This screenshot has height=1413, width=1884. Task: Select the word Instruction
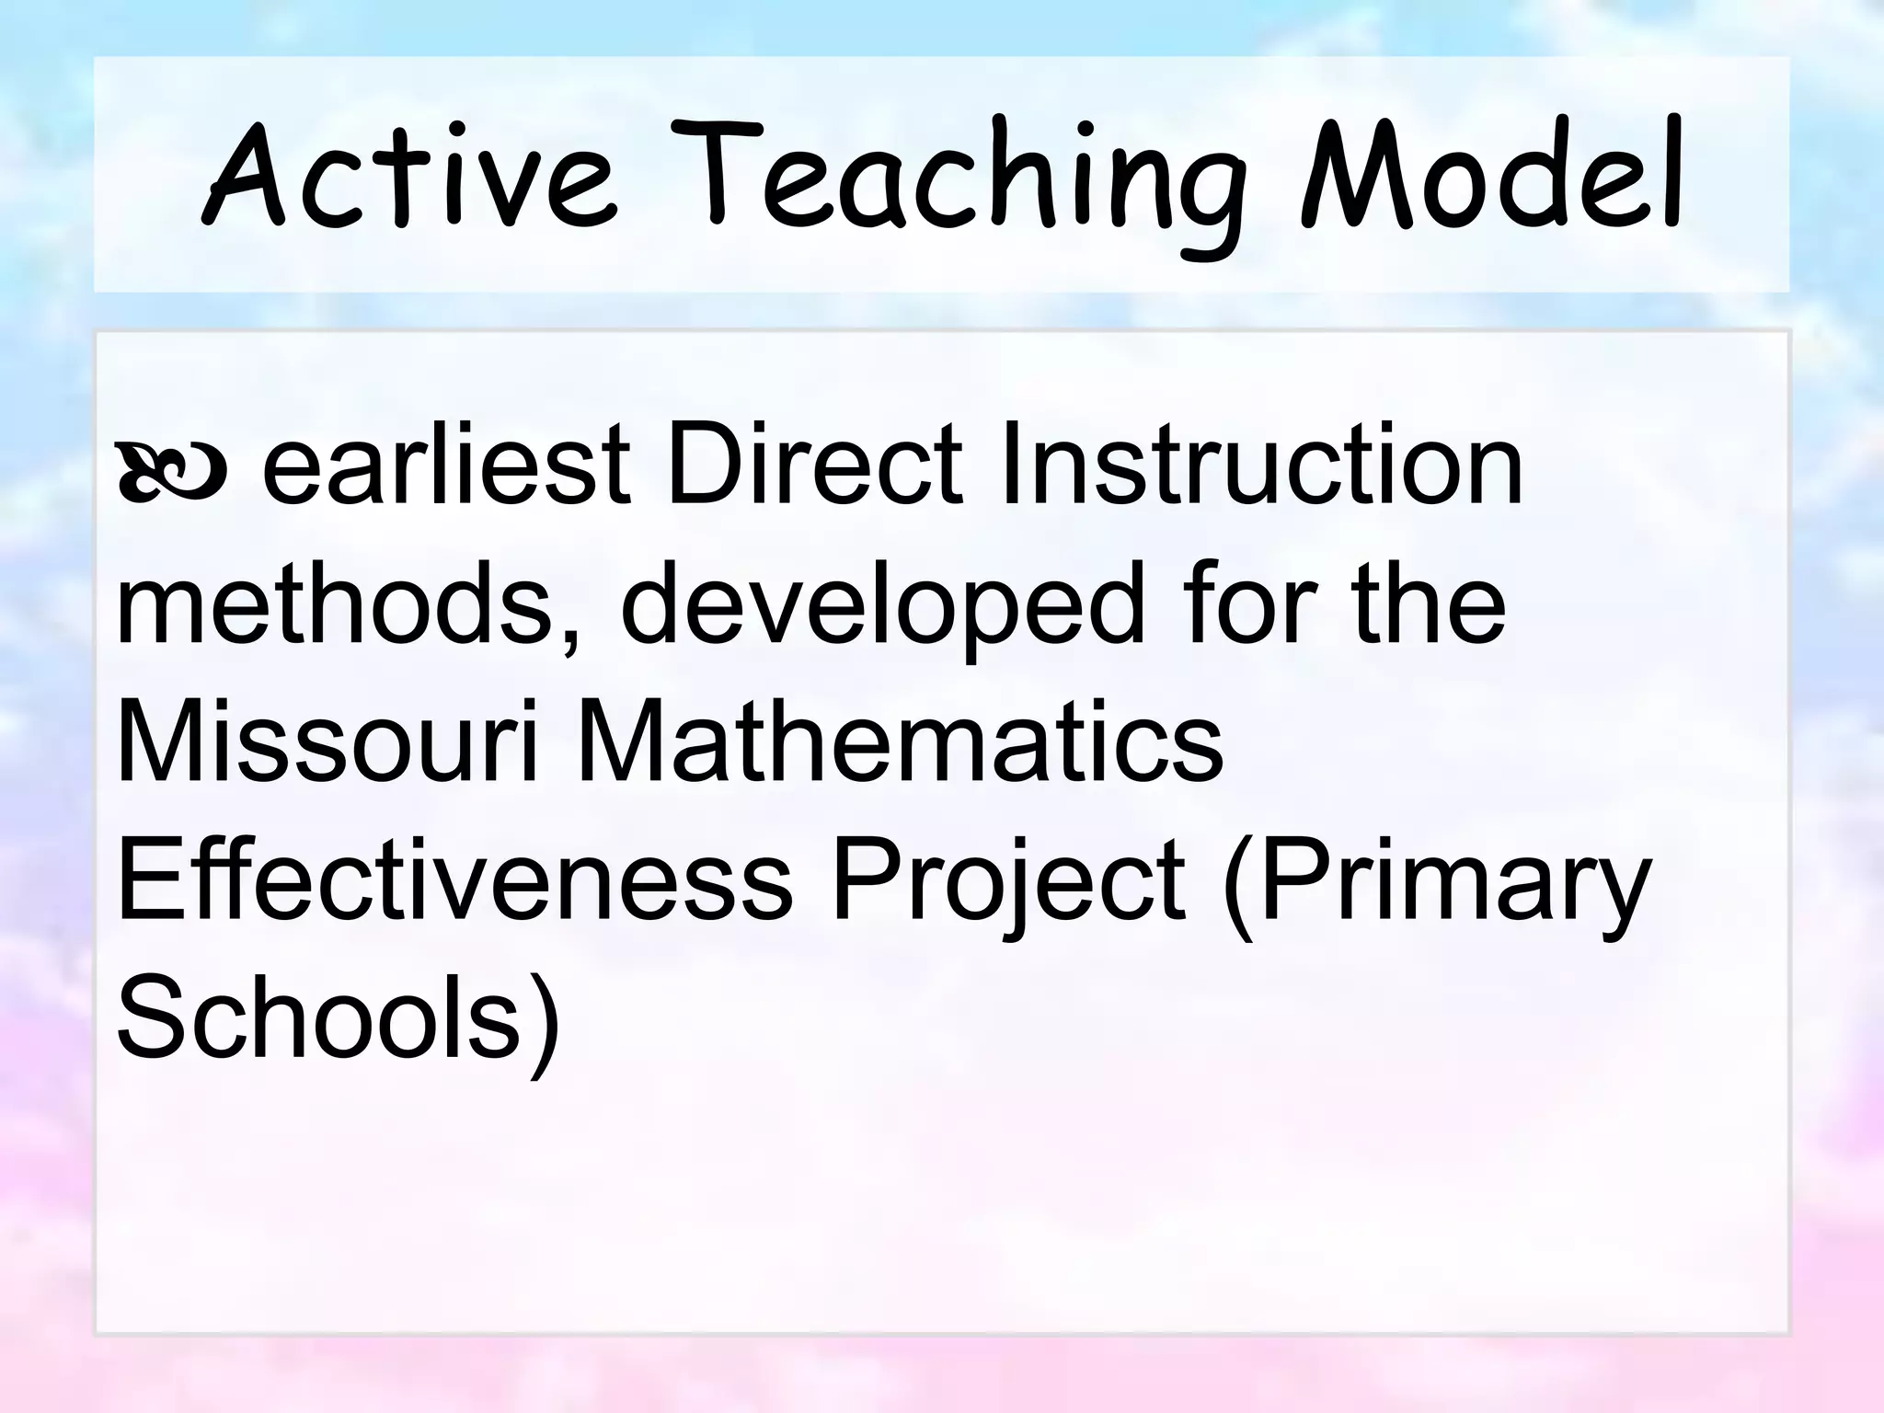click(1260, 465)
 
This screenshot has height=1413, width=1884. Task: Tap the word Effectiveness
click(454, 879)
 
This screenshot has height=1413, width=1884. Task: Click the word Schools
click(317, 1017)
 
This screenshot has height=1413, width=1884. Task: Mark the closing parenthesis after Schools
click(543, 1021)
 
